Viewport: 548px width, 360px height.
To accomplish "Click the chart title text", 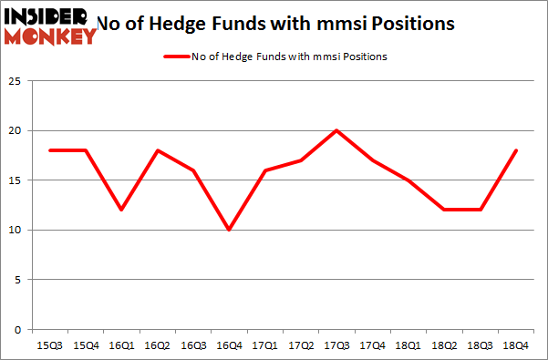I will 274,22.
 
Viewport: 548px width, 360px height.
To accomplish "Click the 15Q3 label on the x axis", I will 44,345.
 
